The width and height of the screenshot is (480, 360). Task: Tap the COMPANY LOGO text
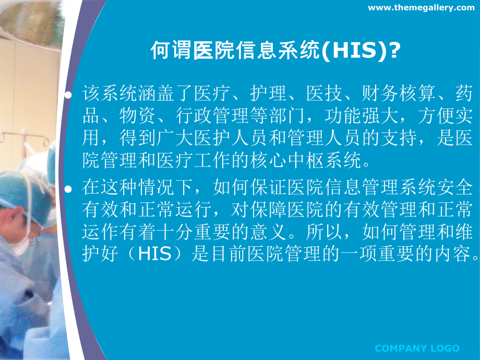coord(417,349)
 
